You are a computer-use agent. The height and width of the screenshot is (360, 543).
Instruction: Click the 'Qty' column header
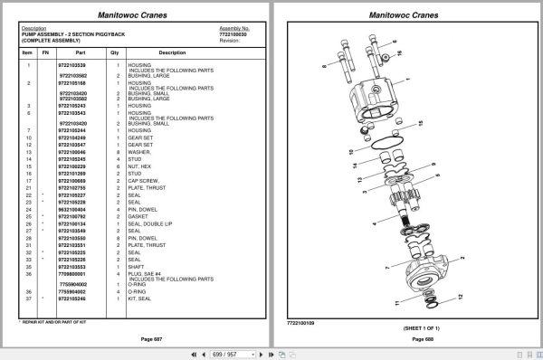(115, 52)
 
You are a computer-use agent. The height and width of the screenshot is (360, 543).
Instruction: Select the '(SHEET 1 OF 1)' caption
(406, 327)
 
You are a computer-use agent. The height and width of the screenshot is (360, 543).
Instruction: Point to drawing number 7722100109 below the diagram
(300, 321)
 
